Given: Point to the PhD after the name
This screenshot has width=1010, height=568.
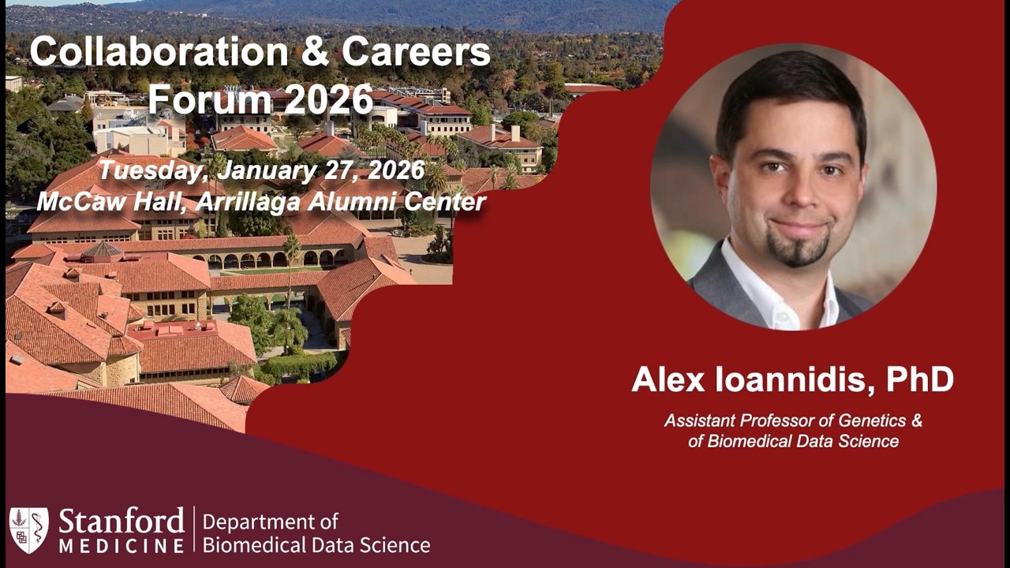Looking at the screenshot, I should point(919,379).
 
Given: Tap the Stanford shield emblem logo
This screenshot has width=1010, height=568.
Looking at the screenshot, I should point(28,529).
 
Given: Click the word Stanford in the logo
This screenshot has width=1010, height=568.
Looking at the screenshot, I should point(121,522).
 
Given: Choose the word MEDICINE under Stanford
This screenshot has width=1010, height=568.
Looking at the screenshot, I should point(121,545).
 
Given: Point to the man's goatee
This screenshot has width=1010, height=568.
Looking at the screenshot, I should point(798,252).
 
